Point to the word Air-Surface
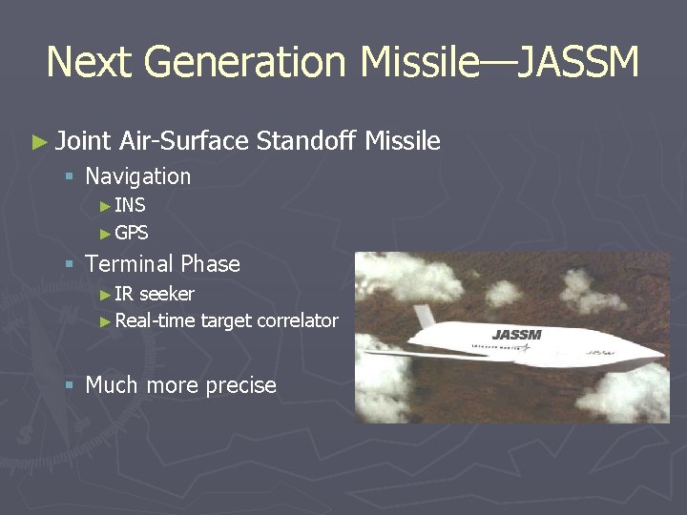(185, 142)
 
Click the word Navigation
(138, 176)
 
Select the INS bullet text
(130, 204)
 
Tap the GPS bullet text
(132, 233)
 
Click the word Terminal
(130, 264)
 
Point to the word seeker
(167, 294)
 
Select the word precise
(239, 385)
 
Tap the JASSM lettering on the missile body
(516, 335)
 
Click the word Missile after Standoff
(405, 142)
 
